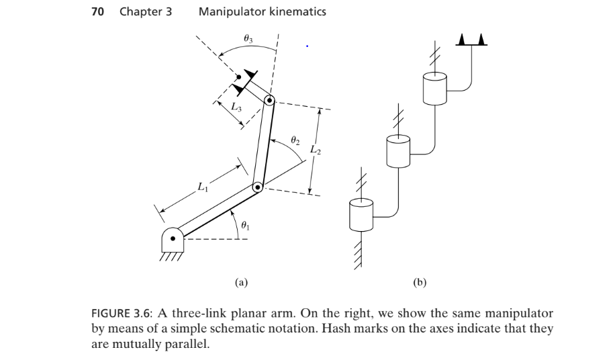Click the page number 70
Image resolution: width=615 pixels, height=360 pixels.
(x=98, y=11)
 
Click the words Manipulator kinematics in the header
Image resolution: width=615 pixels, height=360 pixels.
(x=263, y=11)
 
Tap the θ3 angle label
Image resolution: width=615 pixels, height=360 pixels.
(x=248, y=40)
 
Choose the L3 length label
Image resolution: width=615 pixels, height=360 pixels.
(x=236, y=106)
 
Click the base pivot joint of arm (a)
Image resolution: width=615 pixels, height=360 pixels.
(x=173, y=237)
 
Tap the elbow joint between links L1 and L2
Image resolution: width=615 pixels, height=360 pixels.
(x=257, y=188)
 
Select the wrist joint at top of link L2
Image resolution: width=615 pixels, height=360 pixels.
(x=269, y=101)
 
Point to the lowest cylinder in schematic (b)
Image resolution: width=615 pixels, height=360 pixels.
(x=361, y=214)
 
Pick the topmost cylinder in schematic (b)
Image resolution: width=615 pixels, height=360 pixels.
(x=434, y=87)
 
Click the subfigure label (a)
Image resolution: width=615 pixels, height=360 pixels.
(x=241, y=283)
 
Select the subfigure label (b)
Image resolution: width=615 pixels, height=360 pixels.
(x=420, y=283)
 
